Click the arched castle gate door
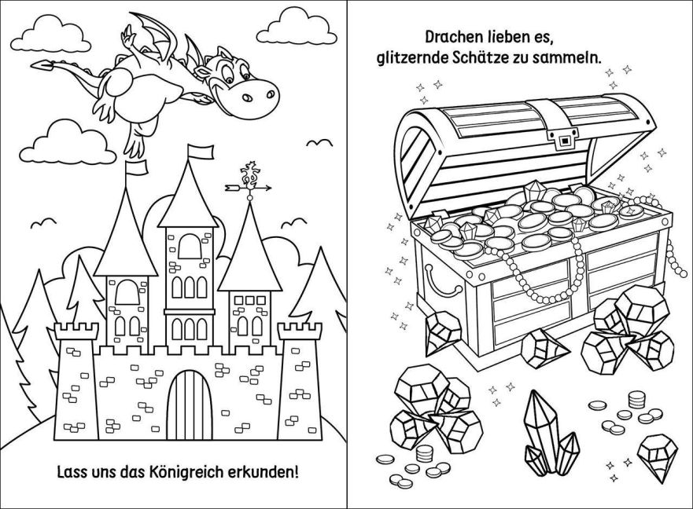coord(190,405)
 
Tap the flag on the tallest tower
coord(201,152)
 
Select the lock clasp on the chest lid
coord(562,140)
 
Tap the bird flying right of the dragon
coord(319,143)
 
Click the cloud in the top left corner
coord(50,34)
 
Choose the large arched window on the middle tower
coord(190,247)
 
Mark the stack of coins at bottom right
coord(636,400)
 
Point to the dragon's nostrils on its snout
coord(259,95)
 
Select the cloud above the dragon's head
coord(296,27)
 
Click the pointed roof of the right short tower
coord(250,248)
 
